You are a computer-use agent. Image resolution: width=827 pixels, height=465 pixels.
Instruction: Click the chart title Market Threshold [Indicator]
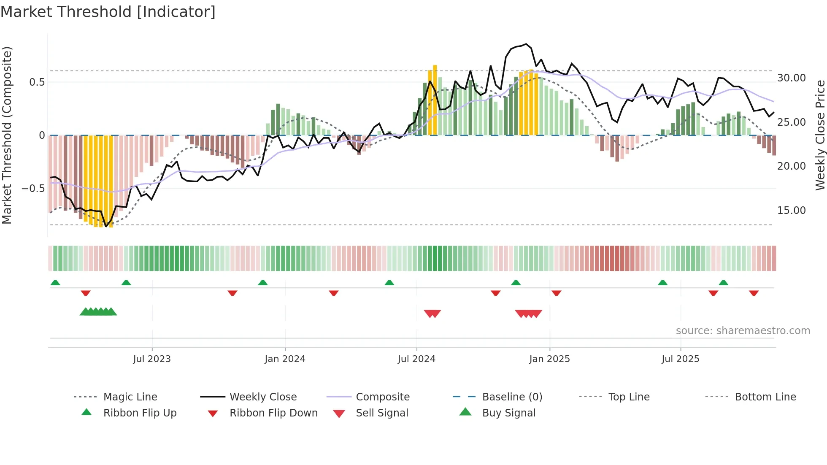coord(108,12)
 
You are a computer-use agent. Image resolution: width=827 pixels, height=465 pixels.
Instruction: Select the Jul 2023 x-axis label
coord(152,359)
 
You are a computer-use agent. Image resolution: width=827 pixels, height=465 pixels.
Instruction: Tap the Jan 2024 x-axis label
coord(285,359)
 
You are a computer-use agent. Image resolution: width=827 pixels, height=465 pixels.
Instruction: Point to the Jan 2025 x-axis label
coord(549,359)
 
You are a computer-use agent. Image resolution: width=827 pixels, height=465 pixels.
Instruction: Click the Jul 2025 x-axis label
coord(680,359)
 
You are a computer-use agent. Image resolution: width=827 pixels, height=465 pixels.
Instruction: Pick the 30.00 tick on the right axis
coord(792,78)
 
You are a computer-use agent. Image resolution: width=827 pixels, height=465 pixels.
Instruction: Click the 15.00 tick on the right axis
coord(792,210)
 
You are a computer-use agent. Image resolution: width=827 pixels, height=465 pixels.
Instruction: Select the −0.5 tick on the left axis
coord(33,188)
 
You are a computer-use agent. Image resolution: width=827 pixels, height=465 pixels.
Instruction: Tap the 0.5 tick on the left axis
coord(37,82)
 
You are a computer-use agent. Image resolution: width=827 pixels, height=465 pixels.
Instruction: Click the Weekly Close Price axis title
coord(820,135)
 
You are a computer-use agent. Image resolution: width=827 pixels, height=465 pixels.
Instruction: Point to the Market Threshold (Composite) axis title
coord(7,135)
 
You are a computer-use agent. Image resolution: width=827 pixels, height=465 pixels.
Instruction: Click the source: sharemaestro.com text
coord(743,330)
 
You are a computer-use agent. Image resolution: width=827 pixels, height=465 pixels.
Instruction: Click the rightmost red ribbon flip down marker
coord(754,293)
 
